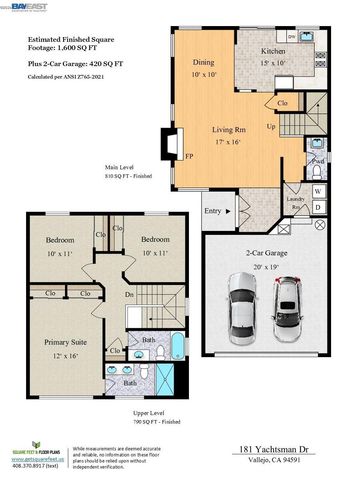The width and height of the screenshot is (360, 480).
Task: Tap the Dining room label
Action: pyautogui.click(x=203, y=61)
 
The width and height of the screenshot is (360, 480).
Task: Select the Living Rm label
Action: pyautogui.click(x=235, y=129)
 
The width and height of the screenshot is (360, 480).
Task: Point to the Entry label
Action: pyautogui.click(x=212, y=211)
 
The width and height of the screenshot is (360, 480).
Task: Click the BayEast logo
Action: pyautogui.click(x=28, y=6)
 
